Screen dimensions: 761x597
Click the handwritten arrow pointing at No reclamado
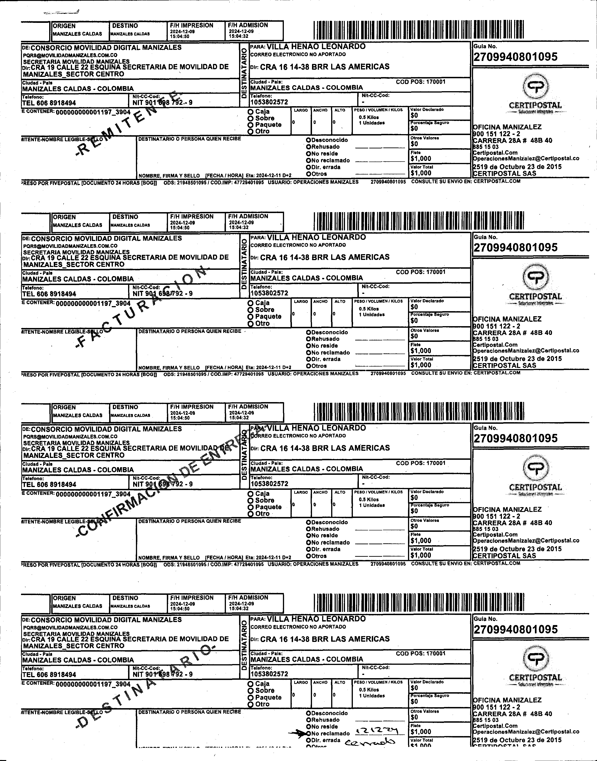tap(297, 733)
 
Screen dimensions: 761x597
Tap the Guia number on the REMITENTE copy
tap(515, 57)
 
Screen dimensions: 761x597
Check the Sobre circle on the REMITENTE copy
tap(250, 118)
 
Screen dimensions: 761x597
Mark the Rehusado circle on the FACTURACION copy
tap(308, 339)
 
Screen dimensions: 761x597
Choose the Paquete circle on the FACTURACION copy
tap(250, 317)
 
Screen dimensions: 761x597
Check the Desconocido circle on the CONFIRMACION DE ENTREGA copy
tap(308, 522)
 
